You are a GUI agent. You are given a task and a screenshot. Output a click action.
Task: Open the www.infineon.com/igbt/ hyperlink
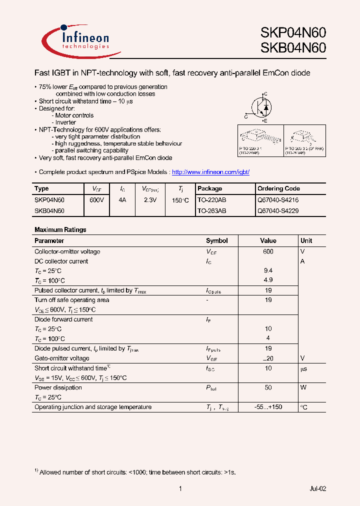pyautogui.click(x=210, y=172)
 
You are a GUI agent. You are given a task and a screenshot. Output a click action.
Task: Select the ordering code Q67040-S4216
pyautogui.click(x=277, y=199)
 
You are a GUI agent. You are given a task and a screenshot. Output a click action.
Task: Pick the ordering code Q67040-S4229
pyautogui.click(x=277, y=211)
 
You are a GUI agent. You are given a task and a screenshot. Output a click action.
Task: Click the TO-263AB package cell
pyautogui.click(x=211, y=211)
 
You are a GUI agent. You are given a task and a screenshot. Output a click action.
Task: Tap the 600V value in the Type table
pyautogui.click(x=96, y=199)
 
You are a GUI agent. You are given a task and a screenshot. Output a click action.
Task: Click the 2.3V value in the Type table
pyautogui.click(x=150, y=199)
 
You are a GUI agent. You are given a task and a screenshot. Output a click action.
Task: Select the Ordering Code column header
pyautogui.click(x=278, y=188)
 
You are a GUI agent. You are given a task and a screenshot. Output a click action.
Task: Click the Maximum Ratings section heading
pyautogui.click(x=60, y=229)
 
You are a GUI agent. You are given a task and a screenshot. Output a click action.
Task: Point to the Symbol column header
pyautogui.click(x=216, y=240)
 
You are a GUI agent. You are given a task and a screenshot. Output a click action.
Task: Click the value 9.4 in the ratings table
pyautogui.click(x=268, y=270)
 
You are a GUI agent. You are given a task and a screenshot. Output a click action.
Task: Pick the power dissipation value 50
pyautogui.click(x=268, y=387)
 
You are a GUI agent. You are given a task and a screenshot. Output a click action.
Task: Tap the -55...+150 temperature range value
pyautogui.click(x=268, y=407)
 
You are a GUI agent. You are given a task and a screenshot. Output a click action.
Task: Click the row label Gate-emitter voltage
pyautogui.click(x=62, y=358)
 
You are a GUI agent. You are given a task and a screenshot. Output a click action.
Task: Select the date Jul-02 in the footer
pyautogui.click(x=317, y=488)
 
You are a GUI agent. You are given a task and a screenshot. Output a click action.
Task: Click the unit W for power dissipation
pyautogui.click(x=303, y=387)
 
